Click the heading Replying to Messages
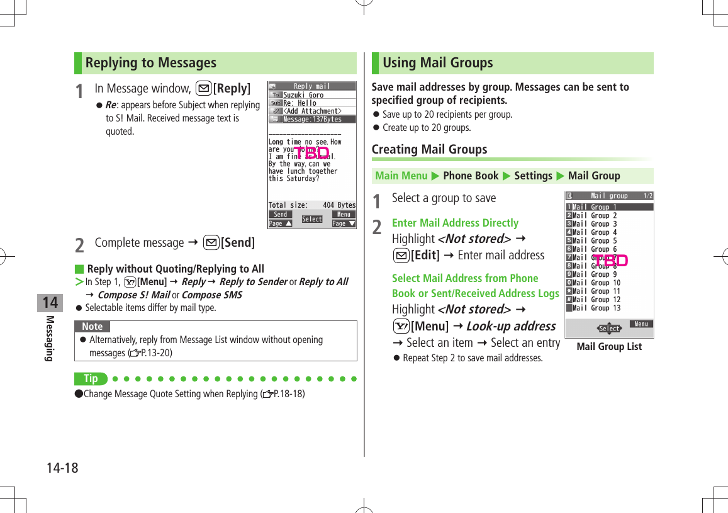tap(150, 63)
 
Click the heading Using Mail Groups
tap(437, 63)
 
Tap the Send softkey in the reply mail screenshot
tap(280, 215)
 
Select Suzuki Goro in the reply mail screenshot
tap(303, 95)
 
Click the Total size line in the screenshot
tap(311, 205)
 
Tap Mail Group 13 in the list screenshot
tap(596, 308)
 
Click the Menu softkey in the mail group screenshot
tap(641, 324)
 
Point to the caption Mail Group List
tap(609, 347)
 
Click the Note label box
tap(92, 327)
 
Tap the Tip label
tap(91, 378)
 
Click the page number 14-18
tap(62, 468)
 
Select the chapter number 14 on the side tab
tap(50, 303)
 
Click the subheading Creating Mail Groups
tap(429, 149)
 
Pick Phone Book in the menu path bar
tap(471, 176)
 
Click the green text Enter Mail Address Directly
tap(455, 223)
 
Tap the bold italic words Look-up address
tap(511, 326)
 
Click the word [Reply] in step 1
tap(232, 89)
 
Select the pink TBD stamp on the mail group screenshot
tap(610, 260)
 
